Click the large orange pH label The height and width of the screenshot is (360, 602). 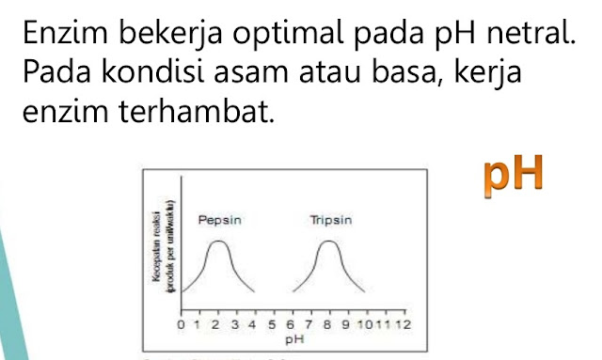[515, 175]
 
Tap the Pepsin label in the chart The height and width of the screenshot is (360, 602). [220, 222]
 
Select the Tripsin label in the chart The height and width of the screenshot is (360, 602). [330, 222]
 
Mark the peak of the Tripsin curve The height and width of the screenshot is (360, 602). [328, 243]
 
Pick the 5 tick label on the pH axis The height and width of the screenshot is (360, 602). [273, 325]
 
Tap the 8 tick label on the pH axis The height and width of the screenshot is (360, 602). [328, 325]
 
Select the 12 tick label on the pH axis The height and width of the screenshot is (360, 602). [404, 325]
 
